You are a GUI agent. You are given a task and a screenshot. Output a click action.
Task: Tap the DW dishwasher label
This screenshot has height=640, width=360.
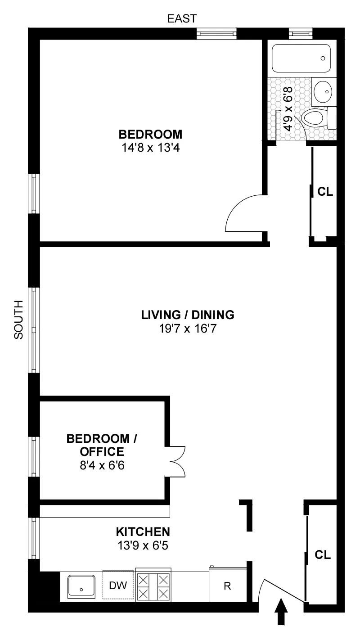point(118,586)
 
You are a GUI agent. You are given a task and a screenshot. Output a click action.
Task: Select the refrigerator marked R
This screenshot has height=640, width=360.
point(227,586)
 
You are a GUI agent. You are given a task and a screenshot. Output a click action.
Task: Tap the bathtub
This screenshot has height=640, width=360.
point(302,58)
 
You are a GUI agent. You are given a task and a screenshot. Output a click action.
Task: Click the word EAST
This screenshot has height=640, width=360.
point(182,18)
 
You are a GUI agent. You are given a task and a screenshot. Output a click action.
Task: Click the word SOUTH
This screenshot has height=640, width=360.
point(18,320)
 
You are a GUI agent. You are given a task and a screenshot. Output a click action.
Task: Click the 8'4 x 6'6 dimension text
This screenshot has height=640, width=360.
point(95,464)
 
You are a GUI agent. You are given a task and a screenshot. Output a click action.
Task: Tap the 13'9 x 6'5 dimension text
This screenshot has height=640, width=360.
point(143,545)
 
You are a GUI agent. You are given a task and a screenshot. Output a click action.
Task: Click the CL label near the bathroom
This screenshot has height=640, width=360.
point(325,192)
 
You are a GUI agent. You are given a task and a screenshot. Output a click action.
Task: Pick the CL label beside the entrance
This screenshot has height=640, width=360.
point(323,555)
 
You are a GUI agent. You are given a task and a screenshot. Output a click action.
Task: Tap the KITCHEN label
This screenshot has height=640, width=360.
point(143,532)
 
